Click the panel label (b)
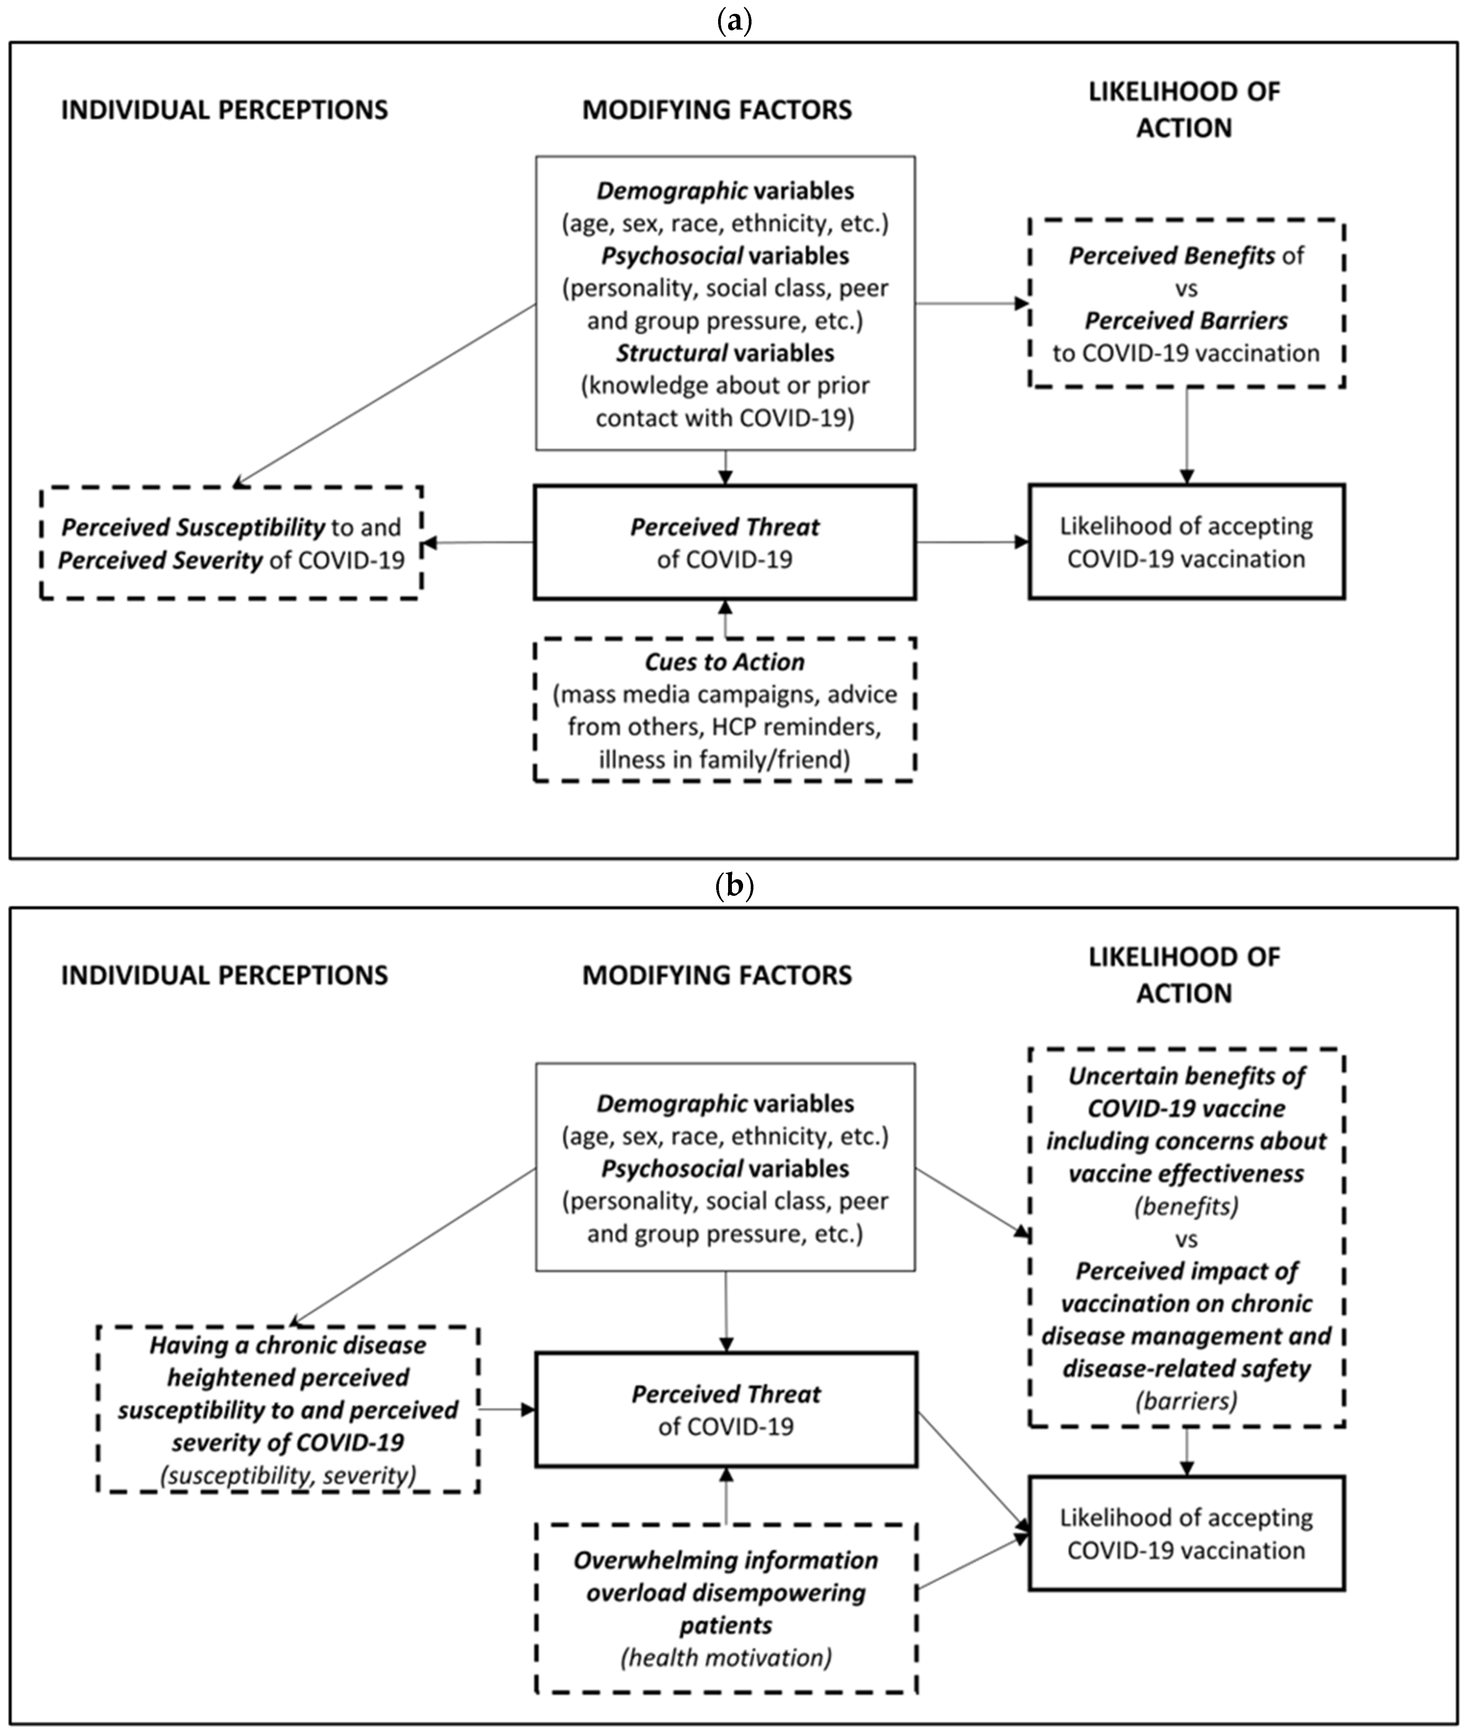(734, 886)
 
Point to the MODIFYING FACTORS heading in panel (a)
(717, 110)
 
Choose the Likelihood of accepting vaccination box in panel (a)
(1186, 543)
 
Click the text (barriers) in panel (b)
(1186, 1401)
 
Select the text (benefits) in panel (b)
(1186, 1206)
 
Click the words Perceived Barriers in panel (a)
(1186, 321)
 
